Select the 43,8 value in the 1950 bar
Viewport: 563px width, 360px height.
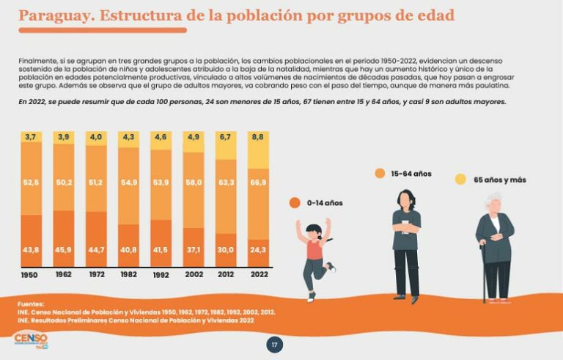tap(31, 250)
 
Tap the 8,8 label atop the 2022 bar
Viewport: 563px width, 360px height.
tap(257, 137)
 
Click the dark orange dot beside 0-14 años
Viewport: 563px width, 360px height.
tap(295, 202)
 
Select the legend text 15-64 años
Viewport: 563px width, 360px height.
tap(411, 174)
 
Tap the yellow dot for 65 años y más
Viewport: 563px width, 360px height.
tap(460, 179)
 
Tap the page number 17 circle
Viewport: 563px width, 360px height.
tap(274, 345)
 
